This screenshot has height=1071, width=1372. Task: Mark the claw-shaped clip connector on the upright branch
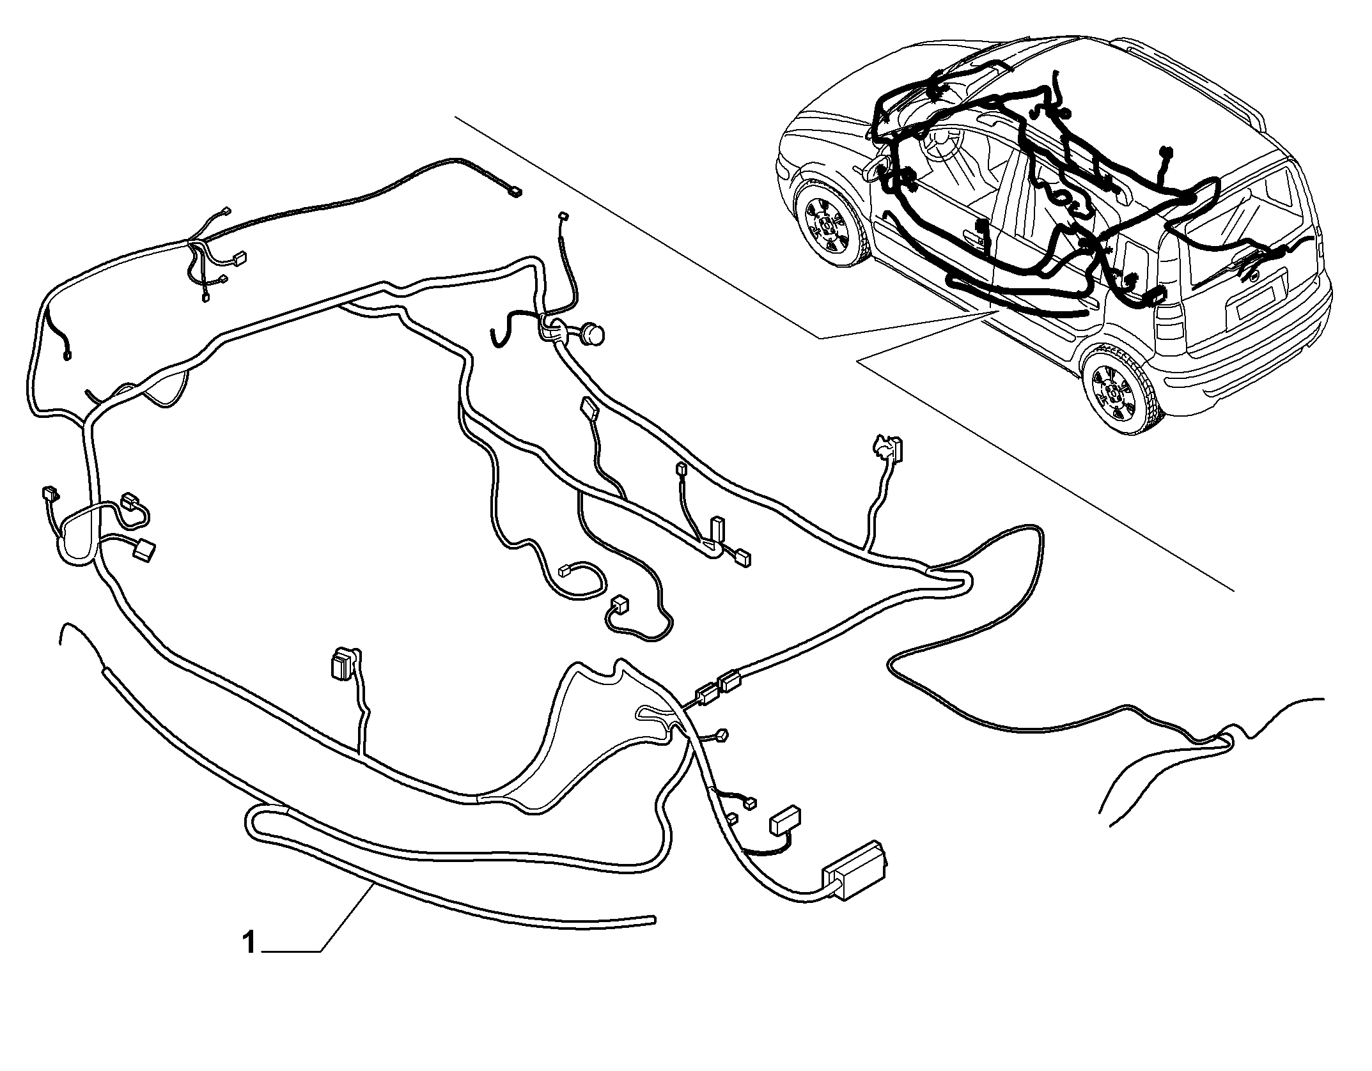[887, 447]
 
